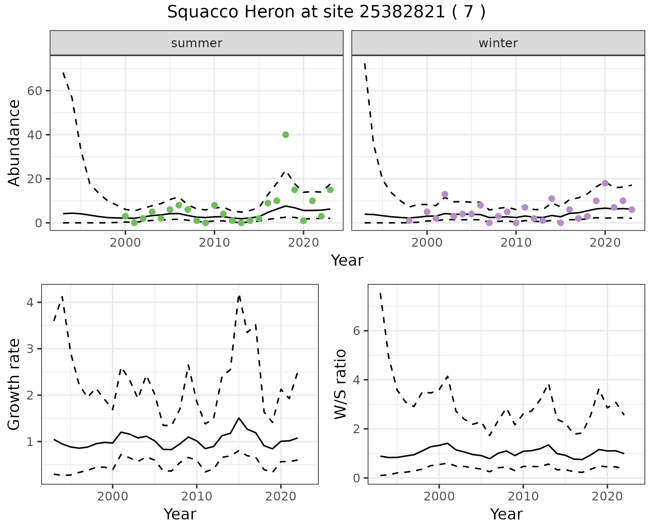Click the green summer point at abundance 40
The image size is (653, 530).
pos(286,135)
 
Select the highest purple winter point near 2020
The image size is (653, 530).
pos(605,183)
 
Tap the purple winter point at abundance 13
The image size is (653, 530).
pos(445,194)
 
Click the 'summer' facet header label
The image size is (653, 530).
pos(197,43)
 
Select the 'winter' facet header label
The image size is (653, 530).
pos(498,43)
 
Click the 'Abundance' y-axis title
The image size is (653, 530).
pos(14,143)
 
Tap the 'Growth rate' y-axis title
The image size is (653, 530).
pos(14,384)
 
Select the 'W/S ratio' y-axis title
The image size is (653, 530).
pos(340,384)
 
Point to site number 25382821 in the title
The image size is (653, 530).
pos(402,13)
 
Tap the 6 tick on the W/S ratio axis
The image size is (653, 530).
pos(357,331)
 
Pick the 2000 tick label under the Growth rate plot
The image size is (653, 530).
pos(113,497)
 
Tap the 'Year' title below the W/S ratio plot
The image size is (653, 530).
pos(506,514)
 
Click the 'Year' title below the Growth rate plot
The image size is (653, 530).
pos(180,514)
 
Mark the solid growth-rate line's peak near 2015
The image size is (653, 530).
pos(239,418)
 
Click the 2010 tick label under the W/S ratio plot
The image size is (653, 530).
pos(523,497)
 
